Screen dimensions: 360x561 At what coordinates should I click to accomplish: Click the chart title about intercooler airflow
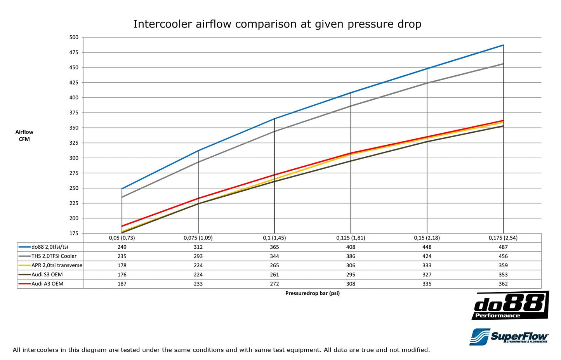(277, 24)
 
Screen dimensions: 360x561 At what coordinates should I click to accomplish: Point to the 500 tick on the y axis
(74, 38)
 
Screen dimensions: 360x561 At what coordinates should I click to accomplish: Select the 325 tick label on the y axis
(74, 143)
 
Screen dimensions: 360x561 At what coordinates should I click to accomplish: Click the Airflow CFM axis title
(24, 136)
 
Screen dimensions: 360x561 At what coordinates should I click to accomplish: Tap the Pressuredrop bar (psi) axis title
(312, 293)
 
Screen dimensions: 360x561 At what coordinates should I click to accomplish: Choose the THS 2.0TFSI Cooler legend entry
(54, 256)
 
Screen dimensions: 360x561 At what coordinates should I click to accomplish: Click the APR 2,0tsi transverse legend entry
(57, 266)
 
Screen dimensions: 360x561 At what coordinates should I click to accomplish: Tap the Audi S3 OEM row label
(47, 275)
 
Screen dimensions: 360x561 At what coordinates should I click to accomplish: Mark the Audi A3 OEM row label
(47, 284)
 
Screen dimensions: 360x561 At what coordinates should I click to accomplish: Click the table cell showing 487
(503, 247)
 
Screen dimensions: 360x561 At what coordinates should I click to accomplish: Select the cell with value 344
(274, 256)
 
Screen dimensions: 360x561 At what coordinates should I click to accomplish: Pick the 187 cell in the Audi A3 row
(122, 284)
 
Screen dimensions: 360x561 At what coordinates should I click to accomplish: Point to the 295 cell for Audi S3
(351, 275)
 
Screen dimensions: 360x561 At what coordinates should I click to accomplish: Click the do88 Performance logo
(510, 306)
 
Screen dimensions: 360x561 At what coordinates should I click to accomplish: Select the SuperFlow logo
(509, 337)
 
